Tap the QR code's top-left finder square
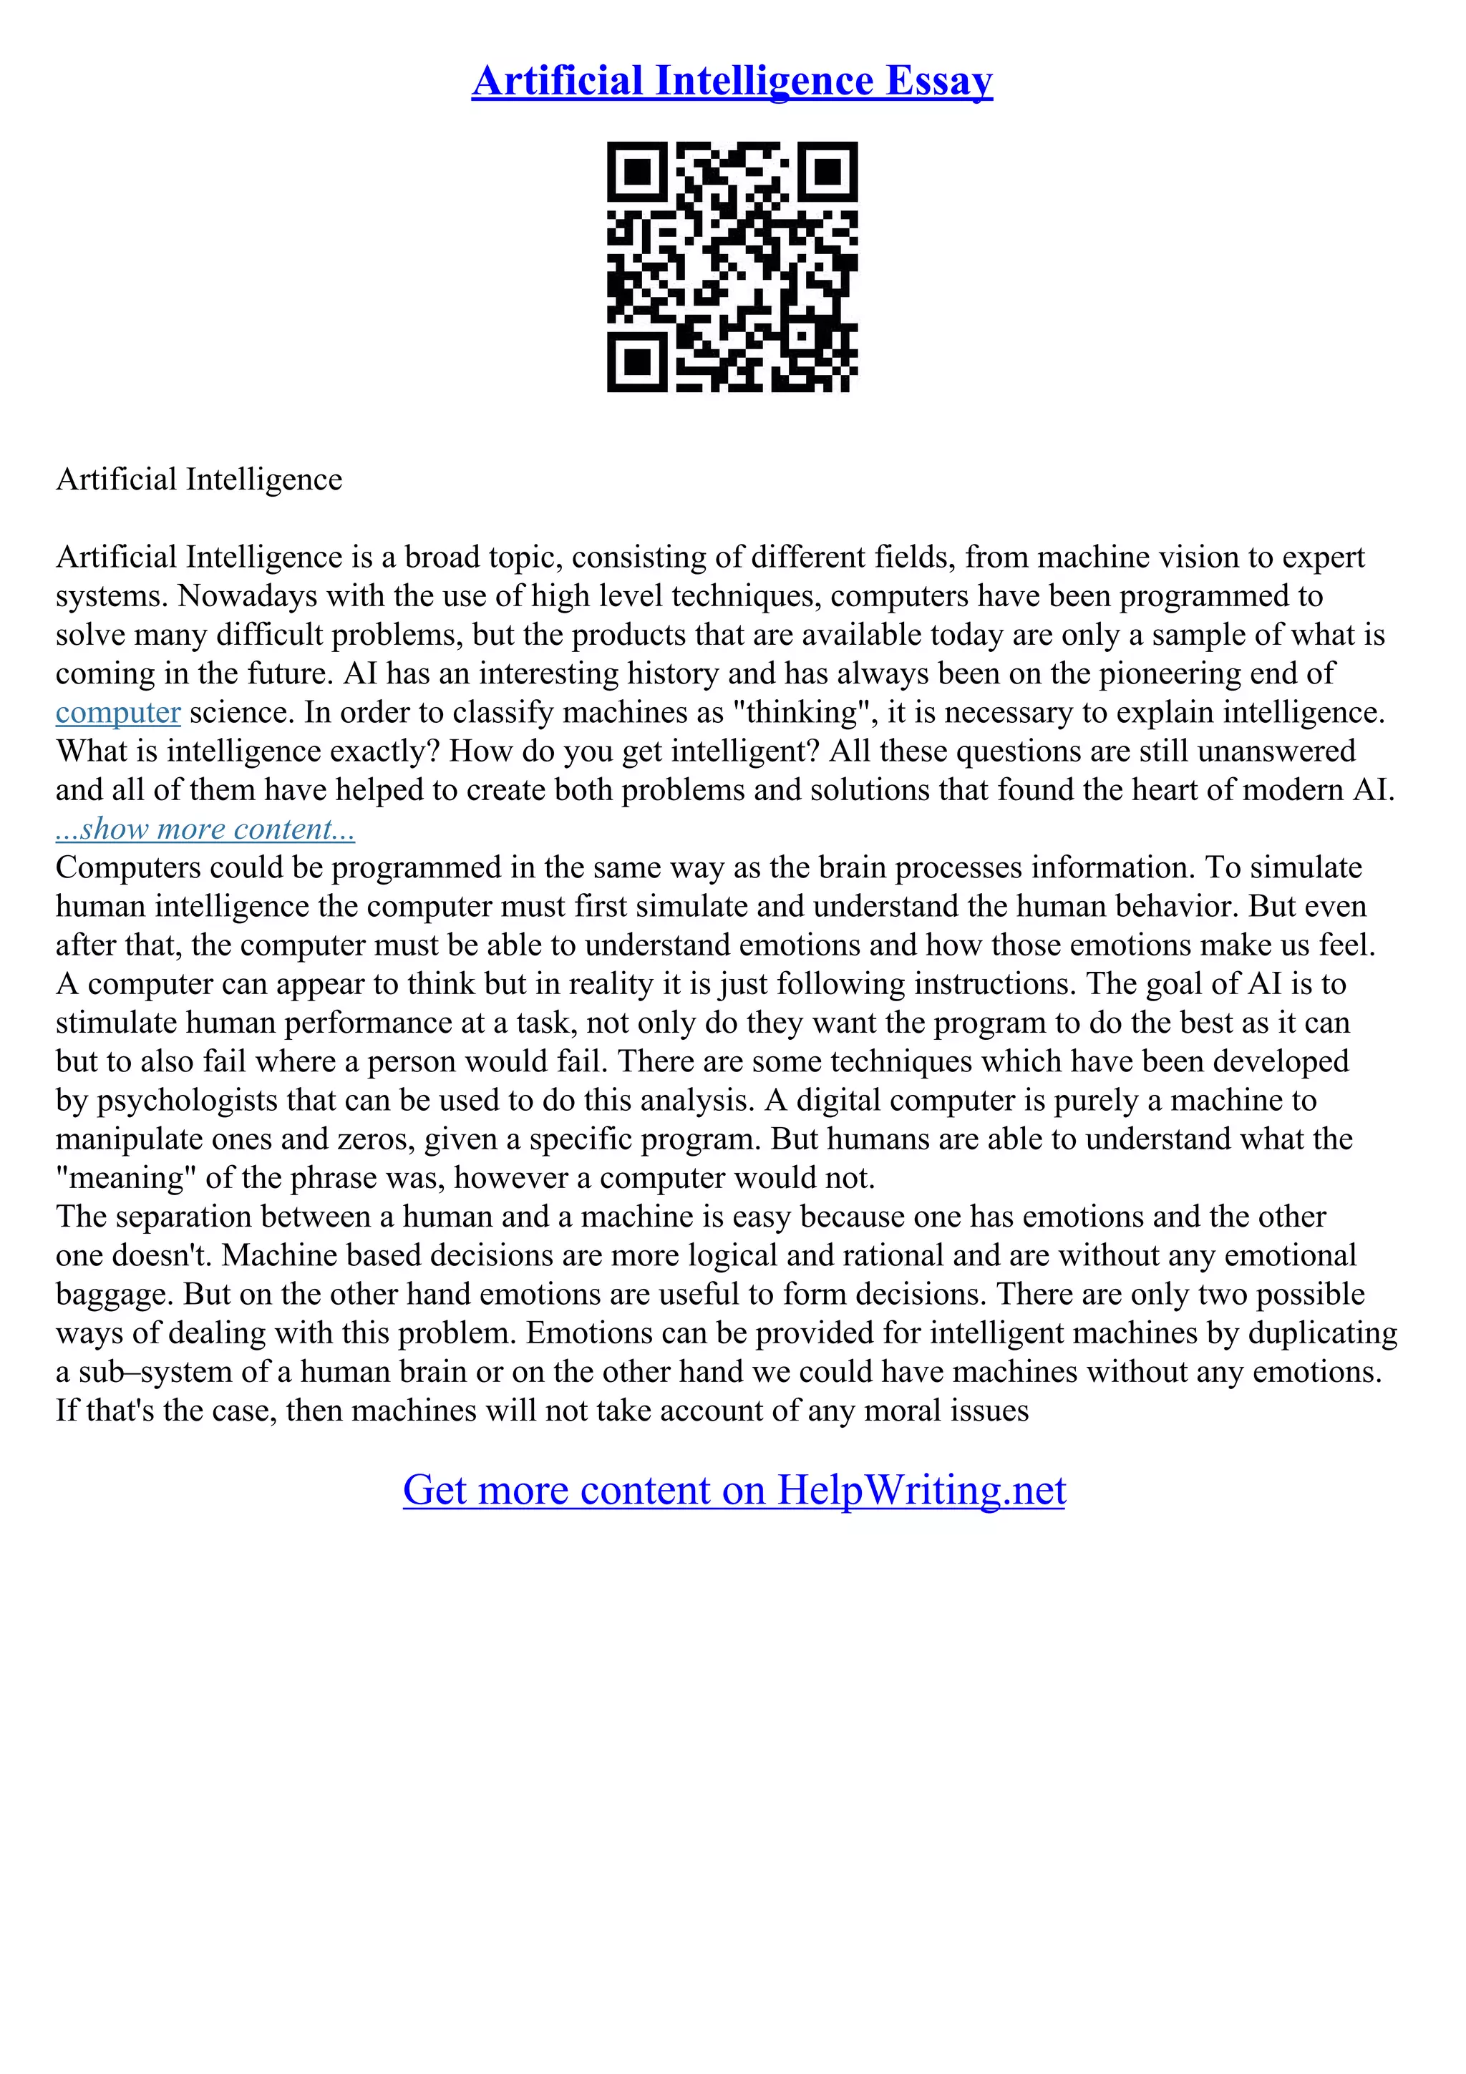[x=637, y=172]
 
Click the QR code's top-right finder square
[x=827, y=172]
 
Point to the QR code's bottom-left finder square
[x=637, y=362]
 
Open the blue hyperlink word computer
[x=118, y=713]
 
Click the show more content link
[x=205, y=828]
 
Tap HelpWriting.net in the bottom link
[x=921, y=1489]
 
